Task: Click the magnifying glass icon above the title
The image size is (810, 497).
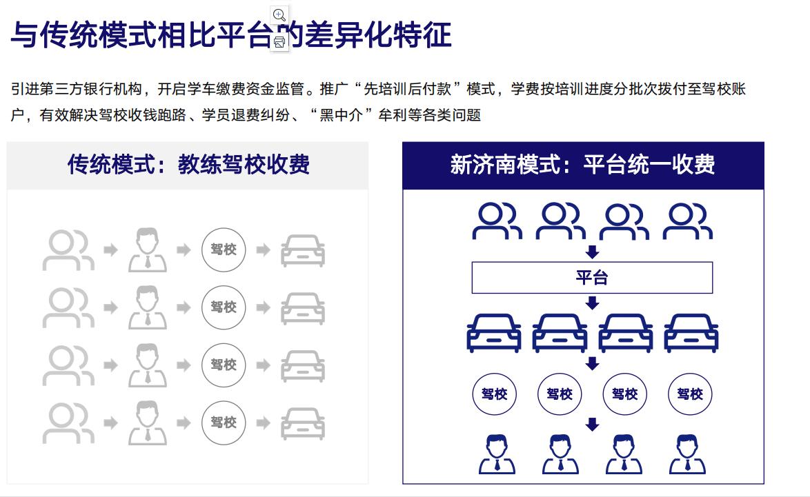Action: coord(279,15)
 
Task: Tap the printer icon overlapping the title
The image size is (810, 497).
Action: coord(279,42)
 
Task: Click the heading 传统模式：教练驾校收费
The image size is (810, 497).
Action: coord(188,165)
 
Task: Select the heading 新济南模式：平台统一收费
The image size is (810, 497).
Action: coord(583,165)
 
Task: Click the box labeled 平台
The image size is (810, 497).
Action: coord(592,278)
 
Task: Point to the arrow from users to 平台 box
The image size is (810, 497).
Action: coord(592,252)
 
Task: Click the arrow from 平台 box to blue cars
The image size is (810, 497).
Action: coord(592,303)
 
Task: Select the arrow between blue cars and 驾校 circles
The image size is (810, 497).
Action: coord(592,363)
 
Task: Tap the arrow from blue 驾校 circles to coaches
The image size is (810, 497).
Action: coord(592,424)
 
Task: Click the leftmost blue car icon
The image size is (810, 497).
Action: coord(494,333)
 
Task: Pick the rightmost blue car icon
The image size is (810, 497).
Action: coord(691,333)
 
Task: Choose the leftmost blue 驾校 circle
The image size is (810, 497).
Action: coord(495,394)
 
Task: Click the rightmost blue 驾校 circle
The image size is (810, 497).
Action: coord(690,394)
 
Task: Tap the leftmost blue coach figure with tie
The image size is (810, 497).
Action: coord(497,455)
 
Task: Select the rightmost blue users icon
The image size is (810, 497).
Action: coord(688,221)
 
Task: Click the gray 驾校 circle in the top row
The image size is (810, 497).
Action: coord(223,250)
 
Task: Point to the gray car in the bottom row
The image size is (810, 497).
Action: coord(303,424)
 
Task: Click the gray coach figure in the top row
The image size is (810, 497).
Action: coord(148,250)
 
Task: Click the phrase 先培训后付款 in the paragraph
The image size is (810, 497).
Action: coord(408,90)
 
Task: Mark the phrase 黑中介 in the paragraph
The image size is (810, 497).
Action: coord(341,115)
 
